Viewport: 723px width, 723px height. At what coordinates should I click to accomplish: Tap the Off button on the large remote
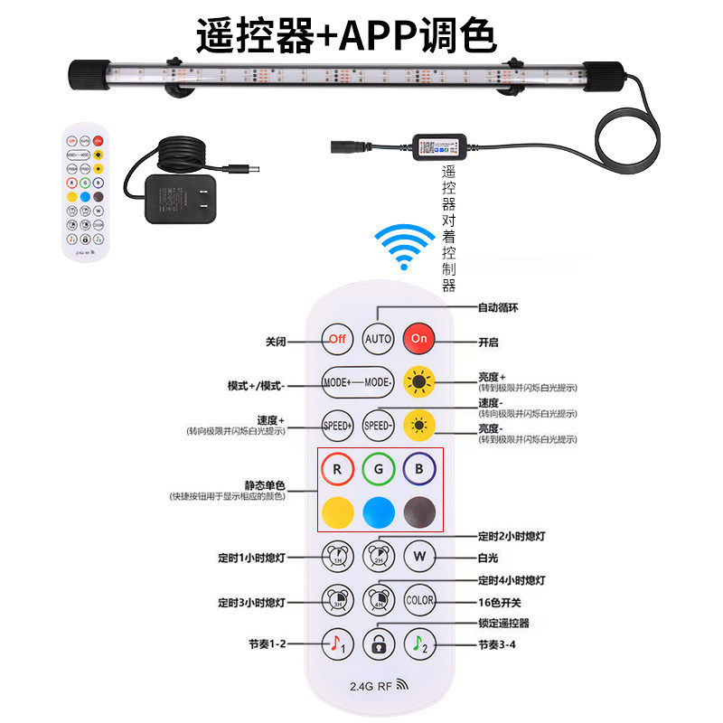click(x=337, y=339)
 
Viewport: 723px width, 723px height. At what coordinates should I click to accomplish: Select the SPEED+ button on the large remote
click(x=337, y=424)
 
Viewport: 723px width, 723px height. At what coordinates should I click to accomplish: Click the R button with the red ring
click(x=337, y=470)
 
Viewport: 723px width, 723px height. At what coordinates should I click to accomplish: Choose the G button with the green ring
click(x=379, y=470)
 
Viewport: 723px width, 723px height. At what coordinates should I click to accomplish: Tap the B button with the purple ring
click(x=419, y=470)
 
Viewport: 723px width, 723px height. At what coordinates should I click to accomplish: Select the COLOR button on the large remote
click(x=419, y=598)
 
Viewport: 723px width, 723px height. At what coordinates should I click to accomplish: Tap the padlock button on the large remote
click(x=379, y=643)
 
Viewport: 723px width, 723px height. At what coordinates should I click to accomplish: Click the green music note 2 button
click(x=419, y=643)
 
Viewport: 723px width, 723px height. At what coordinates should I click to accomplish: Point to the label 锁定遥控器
click(x=503, y=623)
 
